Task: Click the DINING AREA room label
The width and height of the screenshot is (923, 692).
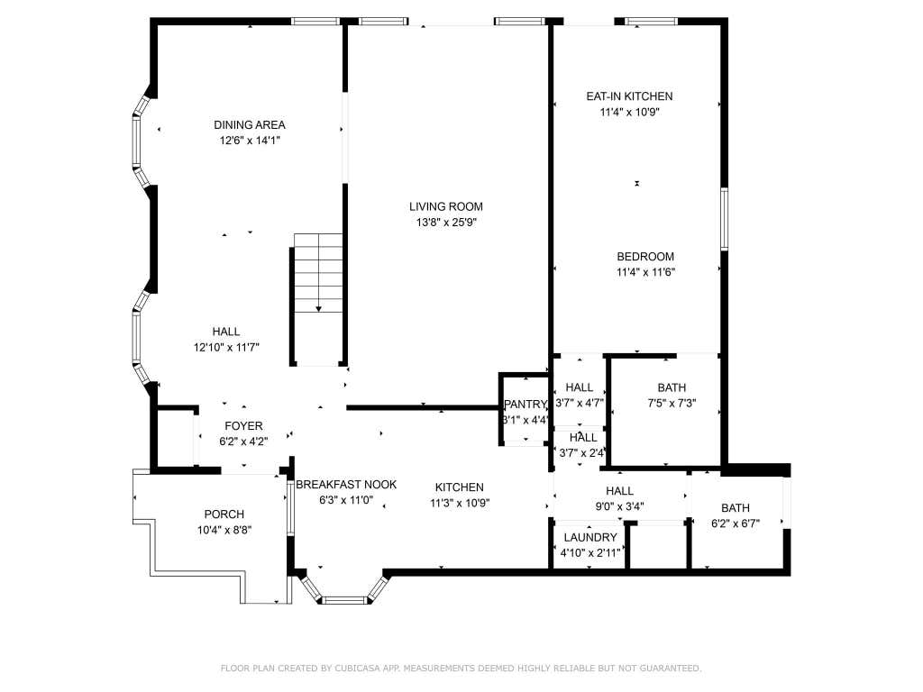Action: coord(250,124)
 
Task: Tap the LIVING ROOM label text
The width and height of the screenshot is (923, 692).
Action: coord(445,206)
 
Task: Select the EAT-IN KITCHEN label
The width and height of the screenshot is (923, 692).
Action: coord(629,96)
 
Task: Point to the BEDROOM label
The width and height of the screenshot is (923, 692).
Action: coord(645,257)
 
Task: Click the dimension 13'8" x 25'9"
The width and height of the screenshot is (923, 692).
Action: coord(445,223)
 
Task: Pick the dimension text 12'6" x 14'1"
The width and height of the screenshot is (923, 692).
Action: coord(250,141)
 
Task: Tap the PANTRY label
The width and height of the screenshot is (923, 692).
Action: coord(525,405)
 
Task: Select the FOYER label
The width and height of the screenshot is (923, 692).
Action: coord(243,426)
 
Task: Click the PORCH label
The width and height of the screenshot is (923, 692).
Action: coord(224,514)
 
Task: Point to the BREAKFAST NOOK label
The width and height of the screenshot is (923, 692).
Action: coord(346,484)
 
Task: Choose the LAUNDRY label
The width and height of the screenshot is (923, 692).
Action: coord(590,537)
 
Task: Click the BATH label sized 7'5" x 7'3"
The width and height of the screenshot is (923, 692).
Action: coord(672,387)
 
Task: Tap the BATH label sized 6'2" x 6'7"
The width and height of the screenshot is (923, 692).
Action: coord(736,508)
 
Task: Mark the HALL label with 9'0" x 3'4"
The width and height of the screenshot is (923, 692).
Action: coord(620,491)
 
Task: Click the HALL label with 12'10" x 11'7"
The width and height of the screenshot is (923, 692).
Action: coord(226,332)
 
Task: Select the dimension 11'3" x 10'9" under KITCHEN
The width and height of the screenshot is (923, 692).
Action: coord(460,503)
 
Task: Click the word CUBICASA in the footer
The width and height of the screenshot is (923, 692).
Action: coord(354,668)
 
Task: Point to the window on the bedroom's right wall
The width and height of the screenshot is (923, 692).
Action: coord(724,220)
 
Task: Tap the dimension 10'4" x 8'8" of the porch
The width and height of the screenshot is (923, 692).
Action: coord(224,530)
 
